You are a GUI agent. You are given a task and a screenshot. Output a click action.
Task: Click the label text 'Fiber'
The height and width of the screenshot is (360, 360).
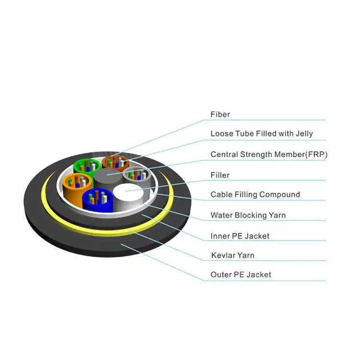(220, 115)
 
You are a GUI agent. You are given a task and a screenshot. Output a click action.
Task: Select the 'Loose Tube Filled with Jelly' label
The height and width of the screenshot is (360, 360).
(262, 134)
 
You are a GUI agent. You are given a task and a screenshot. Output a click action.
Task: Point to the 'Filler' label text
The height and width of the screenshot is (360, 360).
(220, 175)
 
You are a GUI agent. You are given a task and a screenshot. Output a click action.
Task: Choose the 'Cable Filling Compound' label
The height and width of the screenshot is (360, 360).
(255, 194)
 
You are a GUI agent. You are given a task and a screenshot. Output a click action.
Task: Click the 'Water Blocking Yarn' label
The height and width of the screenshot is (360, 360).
(248, 215)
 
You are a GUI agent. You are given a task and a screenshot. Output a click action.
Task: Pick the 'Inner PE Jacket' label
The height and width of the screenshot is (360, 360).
(240, 236)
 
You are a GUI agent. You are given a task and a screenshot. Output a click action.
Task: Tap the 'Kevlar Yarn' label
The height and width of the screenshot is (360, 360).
(232, 255)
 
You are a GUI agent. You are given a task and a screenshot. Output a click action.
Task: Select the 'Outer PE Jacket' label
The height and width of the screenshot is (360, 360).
(240, 275)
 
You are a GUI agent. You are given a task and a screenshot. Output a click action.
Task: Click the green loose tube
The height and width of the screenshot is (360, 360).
(86, 166)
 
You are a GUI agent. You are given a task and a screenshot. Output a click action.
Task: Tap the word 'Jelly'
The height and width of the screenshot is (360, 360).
(303, 134)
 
